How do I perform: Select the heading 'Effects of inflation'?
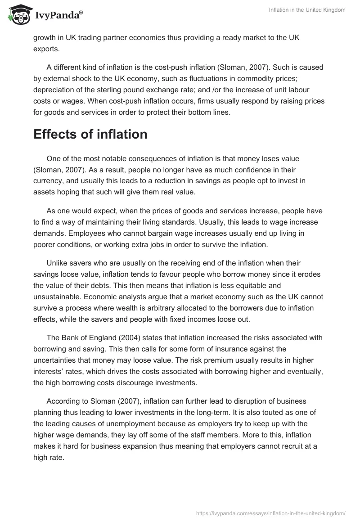click(90, 134)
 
